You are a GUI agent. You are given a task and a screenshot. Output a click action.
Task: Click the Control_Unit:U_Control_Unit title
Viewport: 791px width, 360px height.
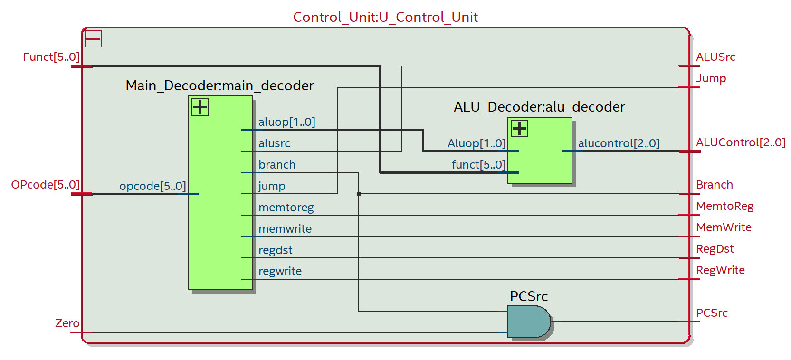point(385,17)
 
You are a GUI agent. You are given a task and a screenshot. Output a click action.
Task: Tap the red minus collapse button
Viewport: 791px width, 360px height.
point(93,38)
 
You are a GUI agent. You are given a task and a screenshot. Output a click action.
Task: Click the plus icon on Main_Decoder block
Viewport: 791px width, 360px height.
point(200,107)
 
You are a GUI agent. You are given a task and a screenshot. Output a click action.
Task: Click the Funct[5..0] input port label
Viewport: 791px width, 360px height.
point(51,57)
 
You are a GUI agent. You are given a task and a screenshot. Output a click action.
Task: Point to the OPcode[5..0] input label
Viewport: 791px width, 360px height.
point(45,185)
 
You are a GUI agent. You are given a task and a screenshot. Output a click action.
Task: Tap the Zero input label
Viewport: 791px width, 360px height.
point(67,323)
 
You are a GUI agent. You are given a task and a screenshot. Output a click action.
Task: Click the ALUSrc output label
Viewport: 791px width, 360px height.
point(715,57)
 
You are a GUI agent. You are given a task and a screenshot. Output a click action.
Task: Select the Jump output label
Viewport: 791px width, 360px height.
point(711,78)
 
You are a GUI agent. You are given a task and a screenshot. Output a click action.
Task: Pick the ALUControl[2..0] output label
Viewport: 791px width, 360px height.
point(740,142)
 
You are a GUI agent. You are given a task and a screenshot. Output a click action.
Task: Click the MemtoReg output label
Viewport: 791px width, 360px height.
point(724,206)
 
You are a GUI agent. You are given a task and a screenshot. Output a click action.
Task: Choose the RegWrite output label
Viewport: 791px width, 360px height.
point(720,270)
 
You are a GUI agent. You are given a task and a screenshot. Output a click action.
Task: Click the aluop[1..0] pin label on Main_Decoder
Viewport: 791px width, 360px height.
point(286,122)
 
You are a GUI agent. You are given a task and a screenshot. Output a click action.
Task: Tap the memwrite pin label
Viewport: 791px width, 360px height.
point(285,229)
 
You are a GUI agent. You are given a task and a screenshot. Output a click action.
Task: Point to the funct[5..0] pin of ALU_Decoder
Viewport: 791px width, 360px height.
point(478,165)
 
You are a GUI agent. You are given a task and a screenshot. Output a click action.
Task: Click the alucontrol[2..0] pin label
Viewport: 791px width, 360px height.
point(619,143)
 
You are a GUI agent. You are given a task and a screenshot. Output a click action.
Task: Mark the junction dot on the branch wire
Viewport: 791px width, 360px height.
point(359,194)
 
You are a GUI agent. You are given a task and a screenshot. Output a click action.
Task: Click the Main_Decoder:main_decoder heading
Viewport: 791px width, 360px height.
point(219,85)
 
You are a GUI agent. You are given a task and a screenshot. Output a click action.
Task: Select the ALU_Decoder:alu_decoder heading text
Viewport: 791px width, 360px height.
point(539,107)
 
